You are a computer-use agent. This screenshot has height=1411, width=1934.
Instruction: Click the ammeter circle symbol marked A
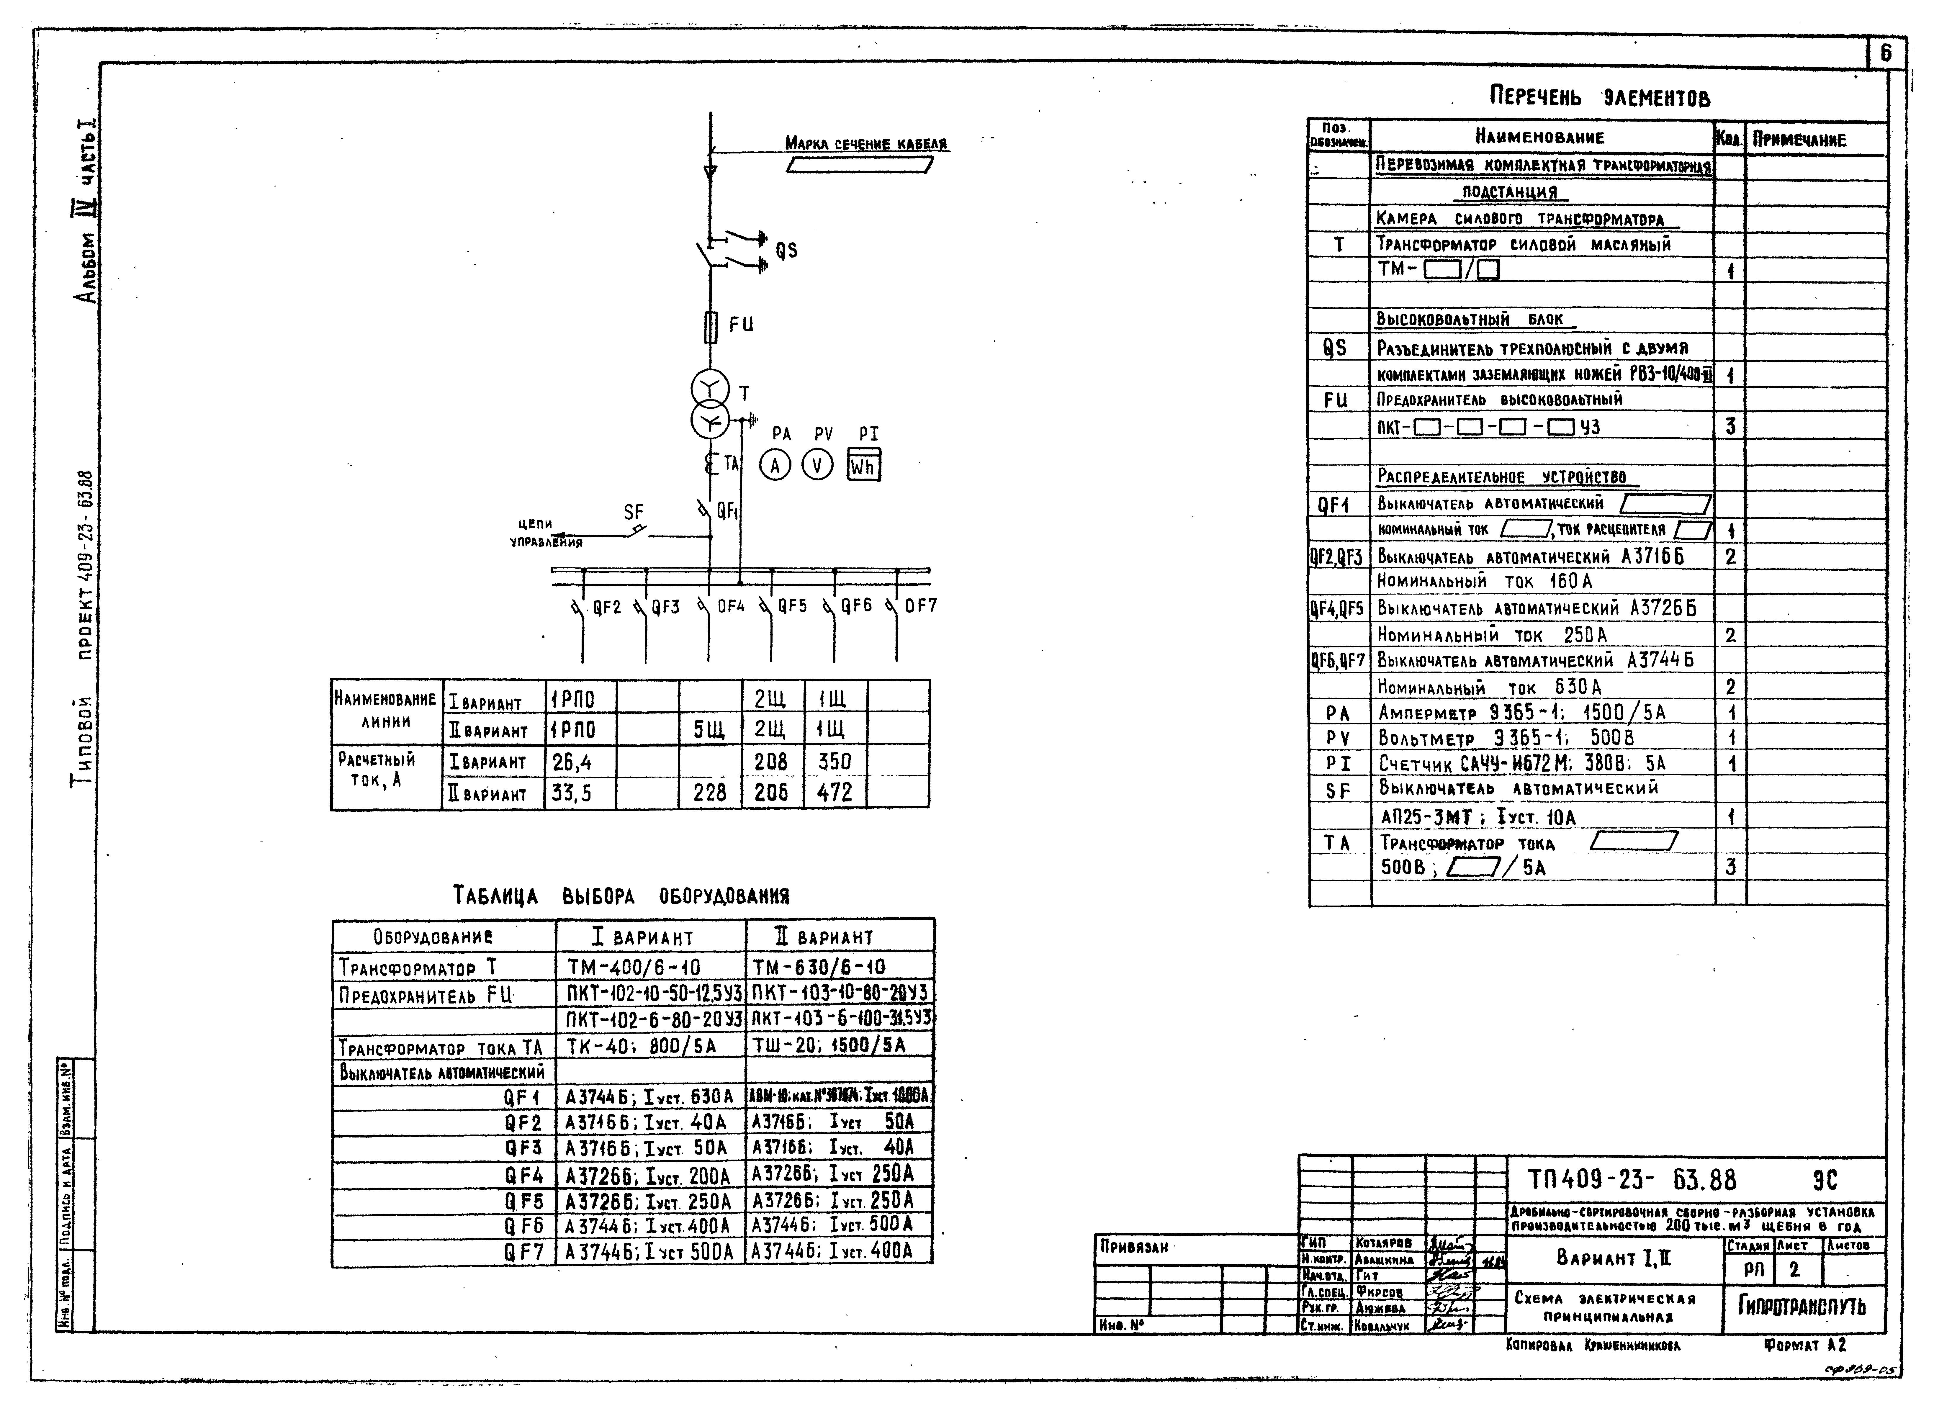coord(775,466)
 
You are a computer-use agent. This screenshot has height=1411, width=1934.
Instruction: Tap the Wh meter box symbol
coord(864,466)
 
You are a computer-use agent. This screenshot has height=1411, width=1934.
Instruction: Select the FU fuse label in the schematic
coord(742,325)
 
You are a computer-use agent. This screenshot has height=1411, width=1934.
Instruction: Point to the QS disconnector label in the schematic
coord(786,250)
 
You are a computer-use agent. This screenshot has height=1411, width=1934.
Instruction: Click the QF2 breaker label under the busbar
coord(606,607)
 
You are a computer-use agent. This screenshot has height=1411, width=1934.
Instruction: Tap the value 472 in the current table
coord(835,793)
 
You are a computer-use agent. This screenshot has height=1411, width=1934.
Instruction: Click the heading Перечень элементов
coord(1600,96)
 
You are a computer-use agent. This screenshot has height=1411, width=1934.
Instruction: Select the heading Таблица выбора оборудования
coord(621,896)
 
